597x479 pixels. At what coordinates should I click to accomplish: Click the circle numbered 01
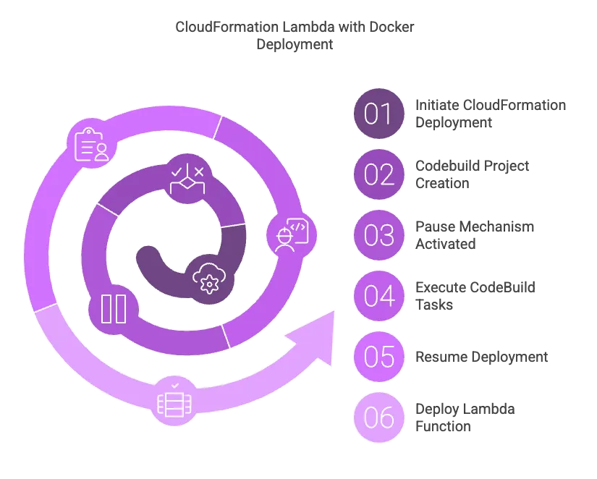click(378, 114)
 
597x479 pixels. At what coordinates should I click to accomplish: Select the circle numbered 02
click(378, 174)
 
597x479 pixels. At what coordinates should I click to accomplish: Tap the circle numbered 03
click(378, 236)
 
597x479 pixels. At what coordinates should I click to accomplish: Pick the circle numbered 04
click(378, 297)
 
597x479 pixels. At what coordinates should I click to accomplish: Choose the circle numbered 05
click(378, 357)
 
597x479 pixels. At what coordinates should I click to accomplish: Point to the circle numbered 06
click(378, 418)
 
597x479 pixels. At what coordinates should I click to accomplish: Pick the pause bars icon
click(114, 308)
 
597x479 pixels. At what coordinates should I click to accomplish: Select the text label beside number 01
click(489, 114)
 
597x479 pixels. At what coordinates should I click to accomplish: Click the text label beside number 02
click(472, 174)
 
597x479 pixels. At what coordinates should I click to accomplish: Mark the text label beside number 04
click(477, 297)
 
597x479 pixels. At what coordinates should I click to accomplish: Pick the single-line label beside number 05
click(480, 357)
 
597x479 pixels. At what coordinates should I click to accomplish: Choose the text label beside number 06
click(463, 418)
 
